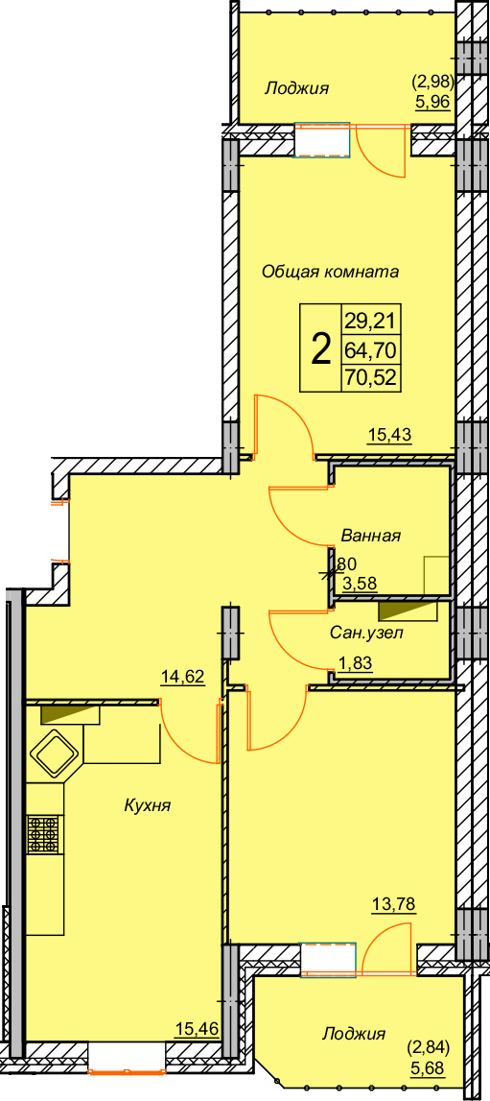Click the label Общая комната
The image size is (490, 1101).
[330, 271]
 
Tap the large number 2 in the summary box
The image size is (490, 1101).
[320, 348]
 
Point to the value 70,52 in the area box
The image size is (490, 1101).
[370, 378]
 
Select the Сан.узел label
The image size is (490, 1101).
[366, 633]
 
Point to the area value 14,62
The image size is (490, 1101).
[183, 677]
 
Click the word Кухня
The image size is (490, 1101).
[148, 804]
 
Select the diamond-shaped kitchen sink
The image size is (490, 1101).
[55, 754]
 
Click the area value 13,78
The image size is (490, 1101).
[395, 903]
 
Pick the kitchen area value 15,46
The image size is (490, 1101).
[198, 1030]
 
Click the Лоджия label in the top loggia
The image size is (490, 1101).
[297, 88]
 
